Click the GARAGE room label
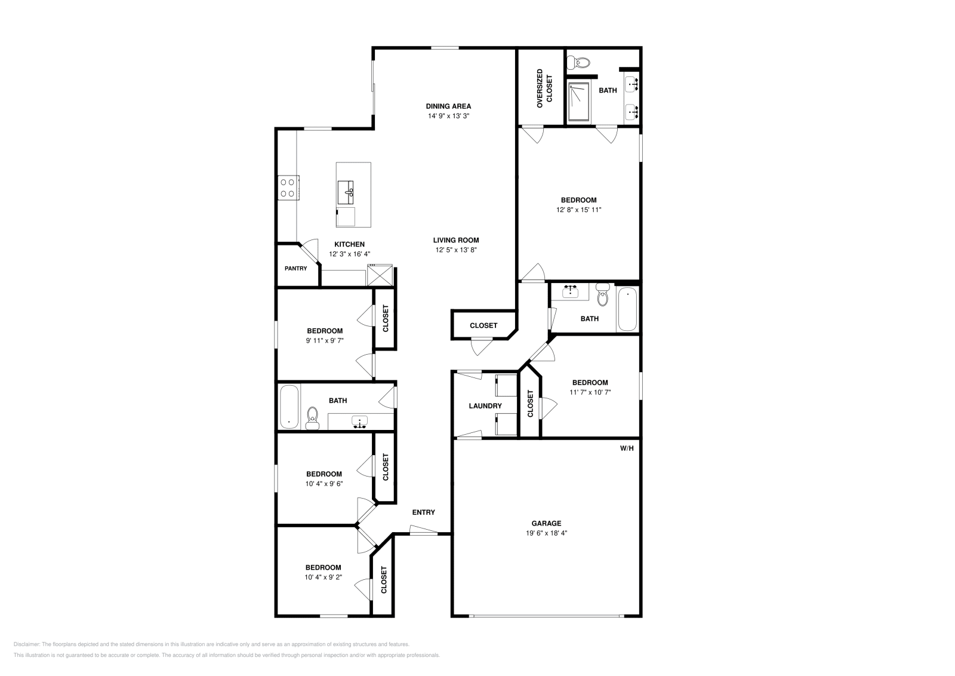coord(546,523)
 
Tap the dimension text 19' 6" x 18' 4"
coord(546,533)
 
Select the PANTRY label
coord(295,269)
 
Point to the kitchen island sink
coord(346,192)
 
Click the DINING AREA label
coord(448,106)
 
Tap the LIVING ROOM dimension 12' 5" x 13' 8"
coord(456,250)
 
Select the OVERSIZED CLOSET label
coord(544,88)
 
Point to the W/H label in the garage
coord(626,447)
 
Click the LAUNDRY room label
coord(485,406)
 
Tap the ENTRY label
coord(423,512)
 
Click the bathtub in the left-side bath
coord(289,406)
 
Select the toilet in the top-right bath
coord(579,62)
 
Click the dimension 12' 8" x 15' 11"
coord(578,210)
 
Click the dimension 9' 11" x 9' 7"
coord(325,341)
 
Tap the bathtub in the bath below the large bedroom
coord(627,308)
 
